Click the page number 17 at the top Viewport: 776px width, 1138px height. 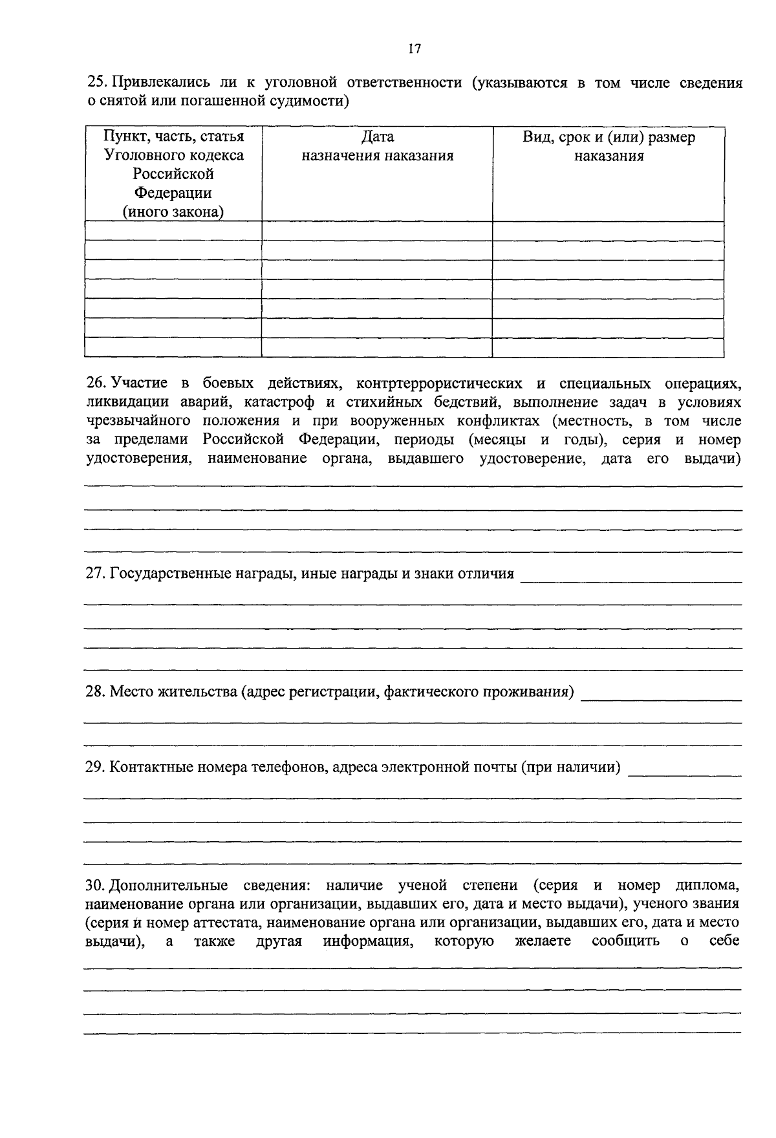pos(415,49)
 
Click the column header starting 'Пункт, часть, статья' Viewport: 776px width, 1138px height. pos(173,137)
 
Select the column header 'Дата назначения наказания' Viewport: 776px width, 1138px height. pos(377,146)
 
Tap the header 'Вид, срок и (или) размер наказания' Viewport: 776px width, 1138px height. pos(609,146)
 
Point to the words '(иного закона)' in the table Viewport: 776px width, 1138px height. pos(173,212)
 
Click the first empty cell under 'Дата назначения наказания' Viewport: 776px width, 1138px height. pos(377,231)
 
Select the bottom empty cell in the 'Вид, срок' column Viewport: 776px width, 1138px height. pos(609,348)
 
